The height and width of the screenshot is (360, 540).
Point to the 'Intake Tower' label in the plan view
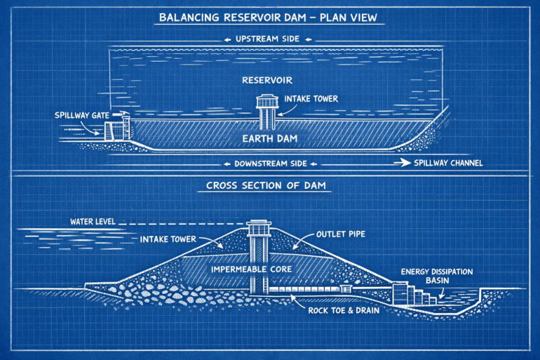coord(311,100)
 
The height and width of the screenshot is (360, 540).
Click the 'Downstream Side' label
coord(270,164)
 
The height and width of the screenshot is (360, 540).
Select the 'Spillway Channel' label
coord(450,164)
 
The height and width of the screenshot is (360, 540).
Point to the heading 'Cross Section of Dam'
coord(270,186)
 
